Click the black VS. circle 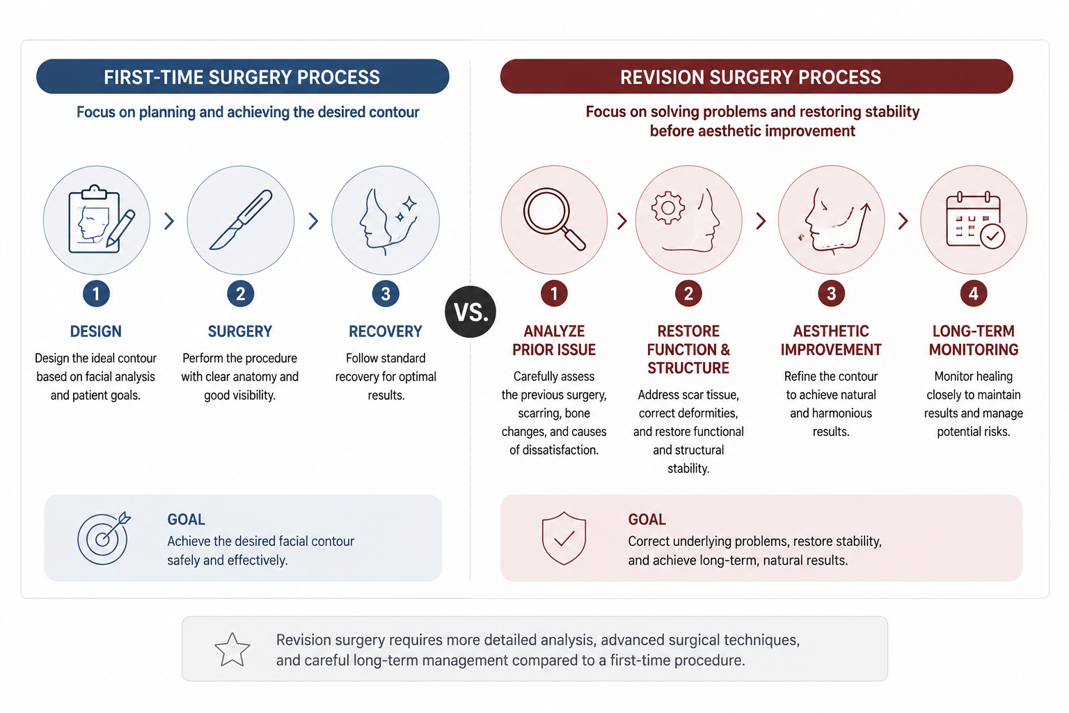[x=470, y=312]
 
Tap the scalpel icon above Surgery [x=241, y=219]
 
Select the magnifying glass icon [x=554, y=219]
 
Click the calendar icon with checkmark [x=975, y=219]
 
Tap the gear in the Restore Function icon [x=668, y=207]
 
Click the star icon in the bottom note [x=232, y=650]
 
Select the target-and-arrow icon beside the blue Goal [x=104, y=538]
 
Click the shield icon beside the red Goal [x=564, y=538]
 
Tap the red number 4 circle [x=974, y=293]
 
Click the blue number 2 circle [x=241, y=293]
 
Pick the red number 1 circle [x=554, y=293]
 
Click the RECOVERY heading [x=386, y=331]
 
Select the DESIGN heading [x=96, y=331]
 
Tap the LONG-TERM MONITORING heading [x=974, y=340]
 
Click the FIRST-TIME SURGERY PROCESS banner [x=242, y=77]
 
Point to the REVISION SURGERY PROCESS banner [x=757, y=77]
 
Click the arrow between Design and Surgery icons [x=169, y=221]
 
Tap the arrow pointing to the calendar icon [x=903, y=221]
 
